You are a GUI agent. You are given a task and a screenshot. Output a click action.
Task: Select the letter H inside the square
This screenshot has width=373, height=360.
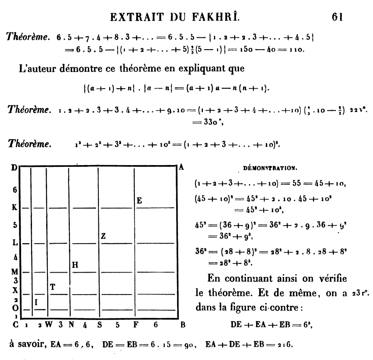[x=75, y=264]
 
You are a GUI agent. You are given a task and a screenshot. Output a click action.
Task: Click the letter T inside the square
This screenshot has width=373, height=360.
[x=53, y=287]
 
